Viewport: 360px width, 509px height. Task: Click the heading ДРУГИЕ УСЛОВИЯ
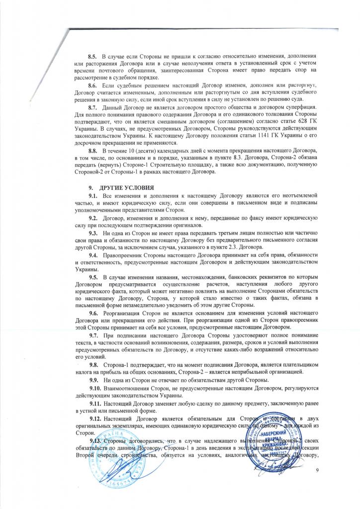click(127, 188)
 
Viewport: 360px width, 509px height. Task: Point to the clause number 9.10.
click(95, 387)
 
